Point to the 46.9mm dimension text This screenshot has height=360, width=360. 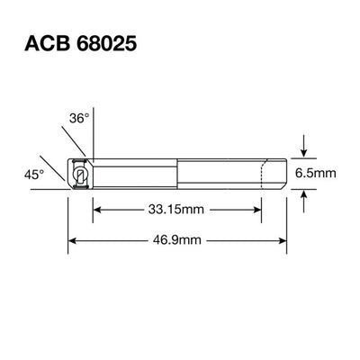[177, 240]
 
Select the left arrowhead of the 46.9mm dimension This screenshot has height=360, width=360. [75, 240]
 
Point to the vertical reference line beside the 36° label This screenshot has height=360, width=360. [93, 126]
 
